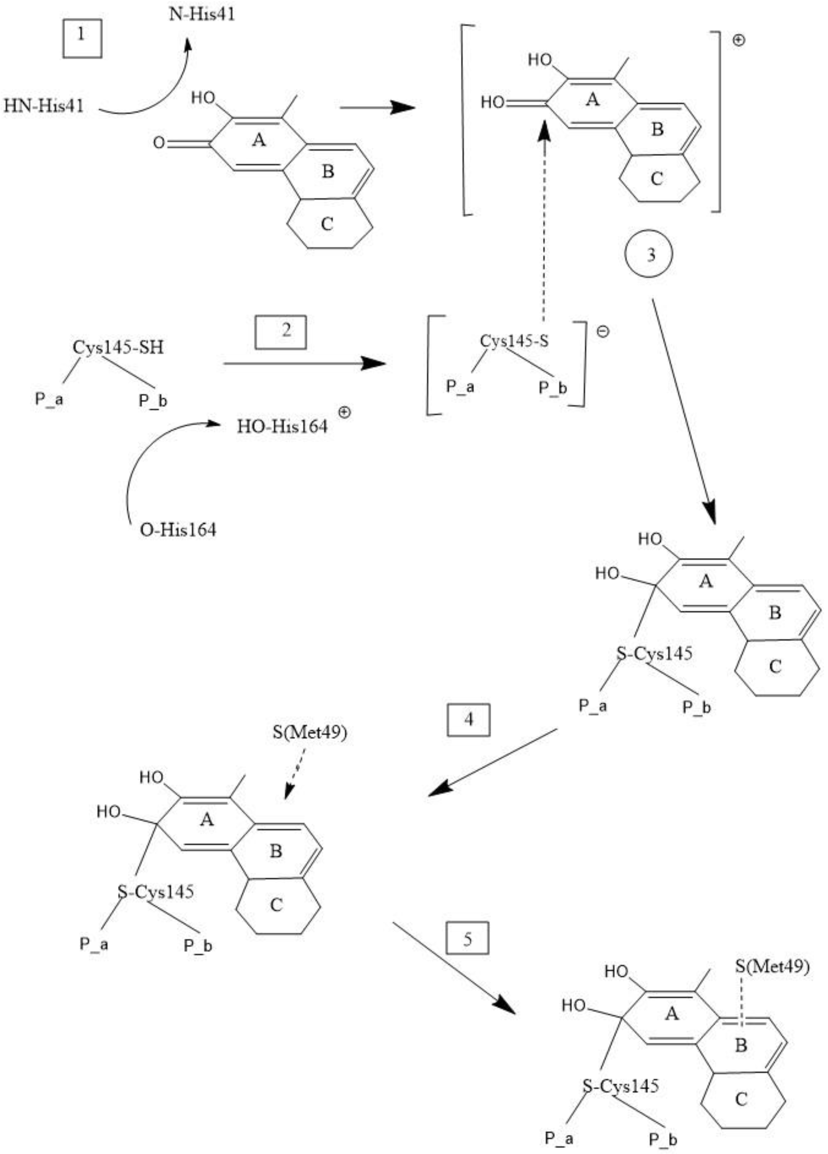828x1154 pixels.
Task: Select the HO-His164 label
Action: click(282, 426)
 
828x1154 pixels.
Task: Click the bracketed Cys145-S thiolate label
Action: click(514, 341)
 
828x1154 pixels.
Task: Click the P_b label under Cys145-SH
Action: click(153, 401)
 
